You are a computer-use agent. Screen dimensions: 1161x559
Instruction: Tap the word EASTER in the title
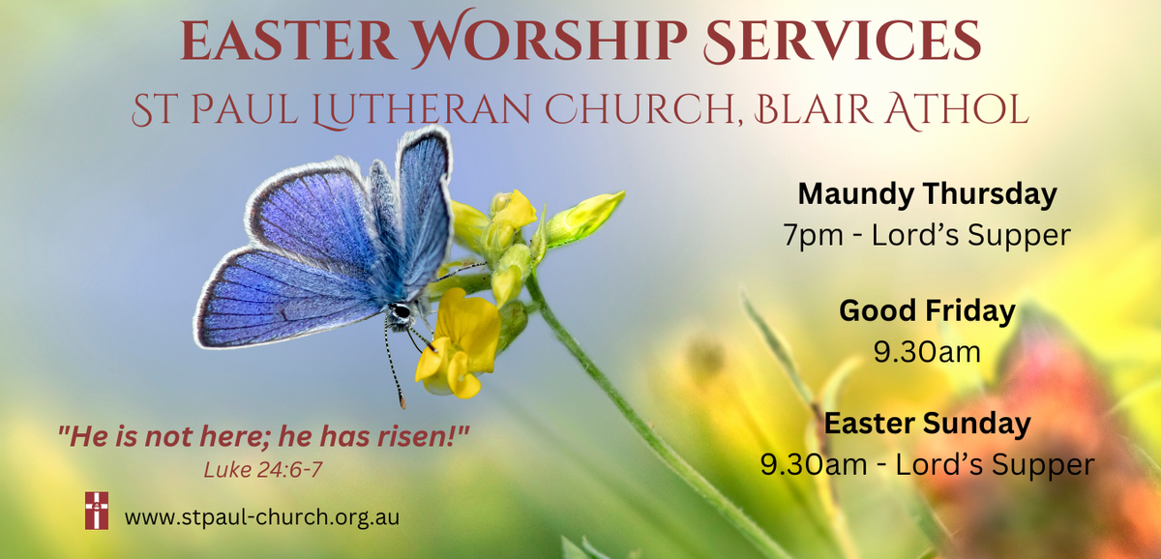[288, 40]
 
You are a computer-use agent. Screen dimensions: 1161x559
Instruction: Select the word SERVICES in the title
[843, 40]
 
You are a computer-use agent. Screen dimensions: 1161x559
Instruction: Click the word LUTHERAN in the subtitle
[422, 110]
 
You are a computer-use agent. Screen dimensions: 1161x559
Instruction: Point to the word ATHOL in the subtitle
[957, 110]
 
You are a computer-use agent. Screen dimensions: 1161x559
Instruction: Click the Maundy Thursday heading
[927, 194]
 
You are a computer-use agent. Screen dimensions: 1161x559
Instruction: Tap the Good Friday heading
[927, 311]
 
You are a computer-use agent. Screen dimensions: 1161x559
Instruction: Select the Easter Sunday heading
[927, 424]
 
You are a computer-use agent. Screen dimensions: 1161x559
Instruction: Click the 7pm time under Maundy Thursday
[814, 235]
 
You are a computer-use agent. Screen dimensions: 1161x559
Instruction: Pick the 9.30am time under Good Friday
[927, 352]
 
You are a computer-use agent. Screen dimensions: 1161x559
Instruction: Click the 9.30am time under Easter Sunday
[814, 464]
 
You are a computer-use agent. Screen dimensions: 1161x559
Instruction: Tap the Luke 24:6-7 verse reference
[263, 470]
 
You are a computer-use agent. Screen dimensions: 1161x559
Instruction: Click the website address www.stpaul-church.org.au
[262, 517]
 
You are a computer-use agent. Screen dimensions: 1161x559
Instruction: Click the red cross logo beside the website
[97, 511]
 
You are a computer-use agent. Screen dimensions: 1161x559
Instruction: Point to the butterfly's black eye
[401, 311]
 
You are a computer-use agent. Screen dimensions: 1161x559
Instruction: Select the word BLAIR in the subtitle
[813, 110]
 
